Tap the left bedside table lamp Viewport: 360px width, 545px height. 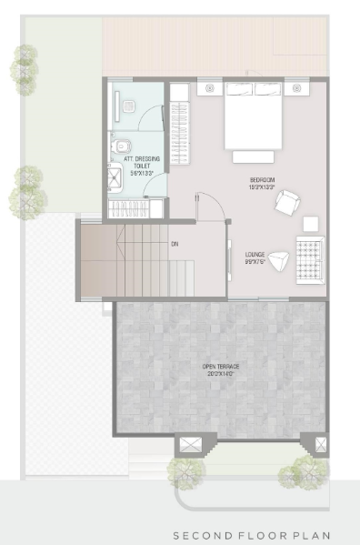[x=211, y=89]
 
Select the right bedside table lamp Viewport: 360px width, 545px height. [x=296, y=89]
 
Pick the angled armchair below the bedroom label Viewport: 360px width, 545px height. [x=290, y=203]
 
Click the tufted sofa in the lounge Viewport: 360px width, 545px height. [x=309, y=258]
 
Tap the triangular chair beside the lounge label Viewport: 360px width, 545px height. [x=281, y=259]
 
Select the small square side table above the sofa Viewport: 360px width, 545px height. [x=311, y=223]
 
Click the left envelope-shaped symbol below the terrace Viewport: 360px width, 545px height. [x=191, y=445]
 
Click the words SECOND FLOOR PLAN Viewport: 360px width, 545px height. [x=252, y=536]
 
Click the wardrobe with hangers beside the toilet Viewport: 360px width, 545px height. [x=180, y=146]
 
